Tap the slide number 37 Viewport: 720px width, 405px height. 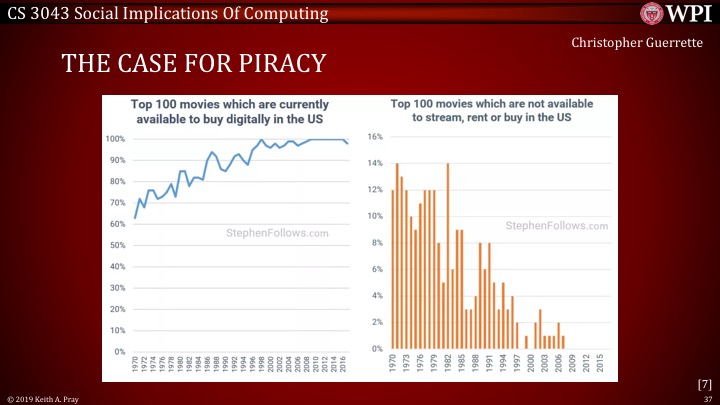[707, 397]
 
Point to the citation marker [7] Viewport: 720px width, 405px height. [704, 383]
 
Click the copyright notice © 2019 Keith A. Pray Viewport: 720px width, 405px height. [43, 397]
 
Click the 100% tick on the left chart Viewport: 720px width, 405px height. [115, 138]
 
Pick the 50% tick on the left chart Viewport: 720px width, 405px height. [117, 245]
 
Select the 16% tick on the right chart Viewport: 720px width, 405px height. [376, 136]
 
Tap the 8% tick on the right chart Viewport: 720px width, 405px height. [378, 242]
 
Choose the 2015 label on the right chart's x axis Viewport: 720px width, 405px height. [599, 365]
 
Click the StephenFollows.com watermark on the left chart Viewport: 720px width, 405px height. [277, 233]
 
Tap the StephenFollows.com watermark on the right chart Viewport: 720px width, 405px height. [557, 226]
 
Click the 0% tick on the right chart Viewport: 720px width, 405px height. [378, 348]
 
